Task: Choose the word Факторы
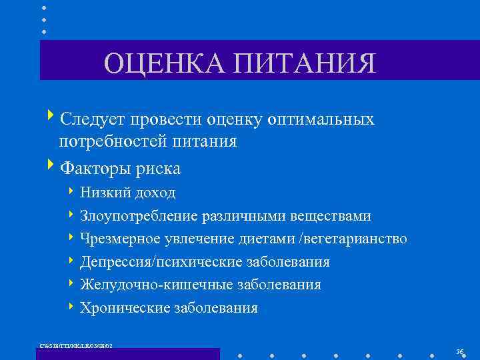98,169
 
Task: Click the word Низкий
105,193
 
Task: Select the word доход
155,193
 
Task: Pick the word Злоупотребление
138,216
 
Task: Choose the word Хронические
124,308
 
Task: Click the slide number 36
459,351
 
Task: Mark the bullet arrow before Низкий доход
71,192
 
